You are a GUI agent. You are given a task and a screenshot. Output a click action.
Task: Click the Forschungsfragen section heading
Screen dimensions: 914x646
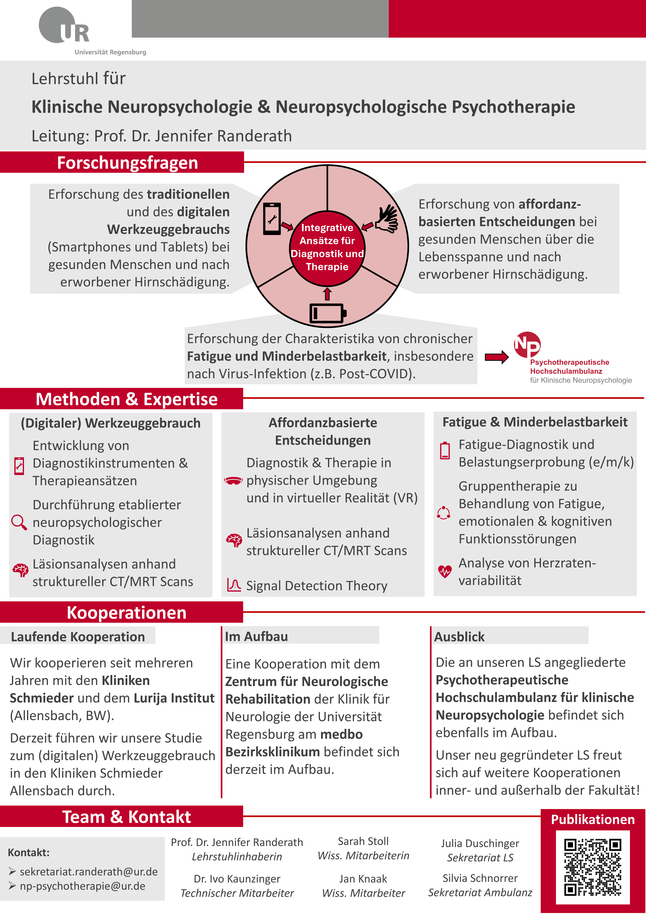[127, 163]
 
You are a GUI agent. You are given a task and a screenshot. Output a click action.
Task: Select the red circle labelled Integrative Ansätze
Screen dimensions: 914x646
[327, 247]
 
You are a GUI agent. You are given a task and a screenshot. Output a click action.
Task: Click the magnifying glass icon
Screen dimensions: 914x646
[19, 522]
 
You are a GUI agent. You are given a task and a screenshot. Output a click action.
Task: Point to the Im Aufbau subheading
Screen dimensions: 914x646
[257, 637]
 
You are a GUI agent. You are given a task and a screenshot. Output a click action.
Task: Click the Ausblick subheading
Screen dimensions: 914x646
[459, 637]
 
